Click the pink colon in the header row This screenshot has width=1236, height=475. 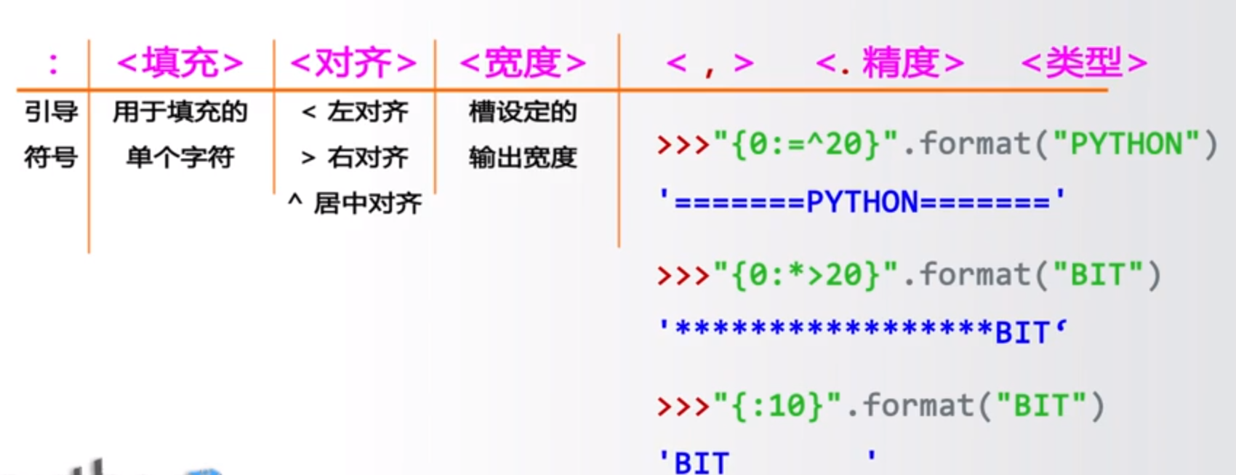click(x=52, y=63)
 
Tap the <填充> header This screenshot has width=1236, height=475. click(x=180, y=63)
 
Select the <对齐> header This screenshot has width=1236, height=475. click(x=353, y=63)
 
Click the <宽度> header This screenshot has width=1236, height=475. click(x=523, y=63)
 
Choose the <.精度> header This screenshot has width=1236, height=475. click(x=890, y=63)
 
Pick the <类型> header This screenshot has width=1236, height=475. click(x=1084, y=63)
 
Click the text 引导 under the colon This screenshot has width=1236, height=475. click(x=51, y=112)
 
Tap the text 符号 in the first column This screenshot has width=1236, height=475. click(x=51, y=157)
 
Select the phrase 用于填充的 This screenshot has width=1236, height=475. click(x=180, y=112)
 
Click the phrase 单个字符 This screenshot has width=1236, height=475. click(x=180, y=157)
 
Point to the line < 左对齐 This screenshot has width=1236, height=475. click(x=355, y=112)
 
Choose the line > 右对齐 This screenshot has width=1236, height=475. click(x=355, y=157)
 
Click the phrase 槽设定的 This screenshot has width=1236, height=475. click(x=523, y=112)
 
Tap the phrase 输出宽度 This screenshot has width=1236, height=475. click(x=523, y=157)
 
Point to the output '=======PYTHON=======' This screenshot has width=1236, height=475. click(x=862, y=201)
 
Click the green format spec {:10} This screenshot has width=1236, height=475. click(x=779, y=406)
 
